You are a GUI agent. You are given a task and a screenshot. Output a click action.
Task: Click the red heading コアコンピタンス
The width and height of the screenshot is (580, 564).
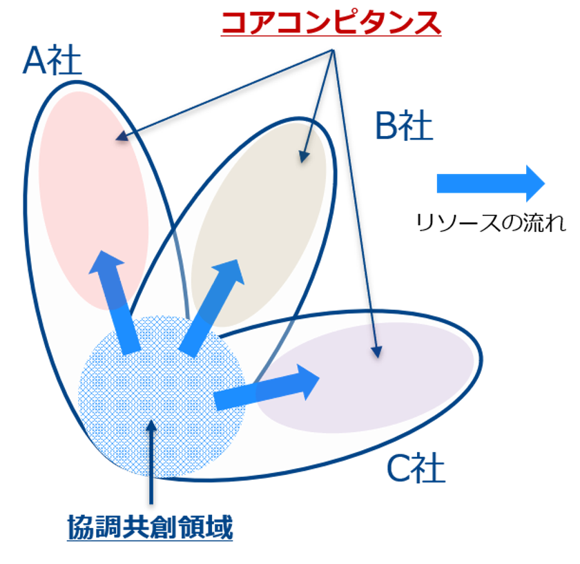tap(331, 23)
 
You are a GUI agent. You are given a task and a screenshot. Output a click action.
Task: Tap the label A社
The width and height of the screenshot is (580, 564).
tap(52, 61)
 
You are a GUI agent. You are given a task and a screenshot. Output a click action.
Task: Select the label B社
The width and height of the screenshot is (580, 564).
tap(403, 126)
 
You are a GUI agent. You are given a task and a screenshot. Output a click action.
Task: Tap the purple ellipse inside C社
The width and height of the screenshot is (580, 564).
tap(387, 387)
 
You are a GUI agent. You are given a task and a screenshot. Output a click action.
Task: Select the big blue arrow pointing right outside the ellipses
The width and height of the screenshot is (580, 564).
tap(490, 183)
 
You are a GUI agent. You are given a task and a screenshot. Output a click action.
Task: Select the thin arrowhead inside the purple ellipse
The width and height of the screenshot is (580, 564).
tap(376, 351)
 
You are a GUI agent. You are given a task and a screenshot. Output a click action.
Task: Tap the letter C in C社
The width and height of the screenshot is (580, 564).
tap(398, 470)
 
